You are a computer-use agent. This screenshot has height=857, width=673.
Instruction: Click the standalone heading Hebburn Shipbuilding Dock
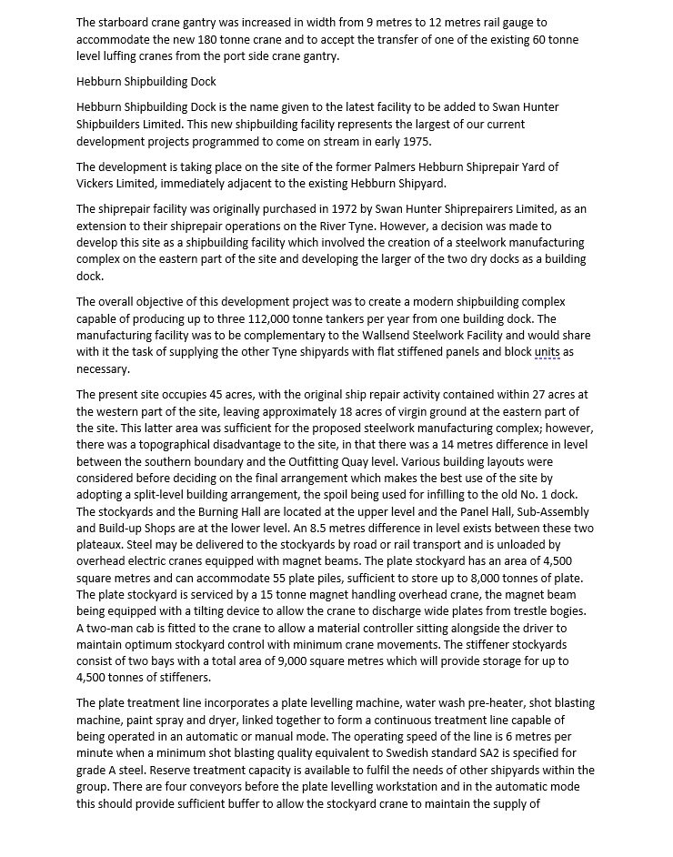[146, 81]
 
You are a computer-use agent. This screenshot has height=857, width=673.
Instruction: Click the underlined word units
[547, 352]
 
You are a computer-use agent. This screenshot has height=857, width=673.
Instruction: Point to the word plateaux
[104, 544]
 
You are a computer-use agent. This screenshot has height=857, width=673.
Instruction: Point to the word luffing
[126, 56]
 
